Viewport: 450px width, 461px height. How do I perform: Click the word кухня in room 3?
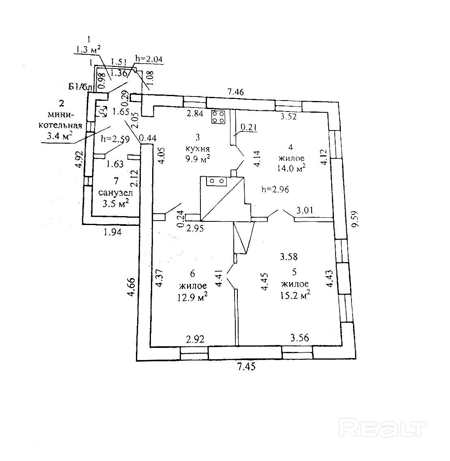198,148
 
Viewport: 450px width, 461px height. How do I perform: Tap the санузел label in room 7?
115,193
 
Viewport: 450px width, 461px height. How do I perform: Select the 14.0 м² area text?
291,168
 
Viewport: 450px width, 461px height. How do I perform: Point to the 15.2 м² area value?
295,295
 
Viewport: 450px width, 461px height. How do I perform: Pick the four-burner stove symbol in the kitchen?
218,116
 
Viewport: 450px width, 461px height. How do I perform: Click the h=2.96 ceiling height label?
275,190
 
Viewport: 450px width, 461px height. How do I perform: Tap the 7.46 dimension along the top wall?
235,92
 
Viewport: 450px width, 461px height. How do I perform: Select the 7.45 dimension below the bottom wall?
246,367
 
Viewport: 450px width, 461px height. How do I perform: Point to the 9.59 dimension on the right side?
355,219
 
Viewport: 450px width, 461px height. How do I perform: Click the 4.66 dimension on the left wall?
131,287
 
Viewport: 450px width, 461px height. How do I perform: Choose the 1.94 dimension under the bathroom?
112,232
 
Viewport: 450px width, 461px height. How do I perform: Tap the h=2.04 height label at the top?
149,59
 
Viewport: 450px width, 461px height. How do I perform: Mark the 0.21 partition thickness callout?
249,127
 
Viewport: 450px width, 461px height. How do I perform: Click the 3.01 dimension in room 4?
305,210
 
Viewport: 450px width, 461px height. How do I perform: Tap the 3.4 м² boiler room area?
60,136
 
